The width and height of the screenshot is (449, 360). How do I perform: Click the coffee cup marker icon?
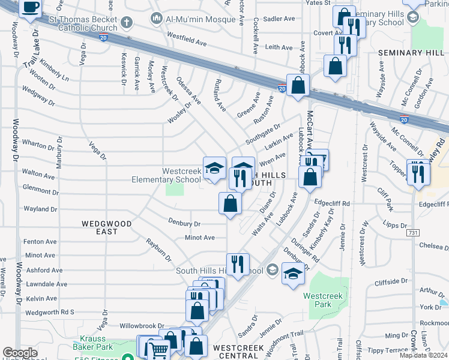click(x=31, y=8)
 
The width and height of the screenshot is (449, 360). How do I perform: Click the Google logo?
click(x=20, y=353)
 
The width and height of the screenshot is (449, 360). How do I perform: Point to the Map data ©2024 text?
click(x=424, y=356)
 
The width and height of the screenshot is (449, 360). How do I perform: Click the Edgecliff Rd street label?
click(x=332, y=203)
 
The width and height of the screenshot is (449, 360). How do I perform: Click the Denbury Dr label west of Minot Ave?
click(x=184, y=223)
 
